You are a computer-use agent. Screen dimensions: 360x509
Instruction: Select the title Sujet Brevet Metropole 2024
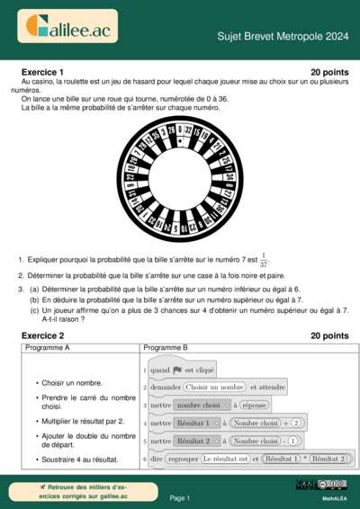click(283, 36)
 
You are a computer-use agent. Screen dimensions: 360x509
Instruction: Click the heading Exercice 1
click(41, 71)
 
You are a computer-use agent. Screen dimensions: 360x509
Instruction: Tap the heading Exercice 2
click(41, 335)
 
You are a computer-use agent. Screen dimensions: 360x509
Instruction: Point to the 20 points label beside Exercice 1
click(328, 71)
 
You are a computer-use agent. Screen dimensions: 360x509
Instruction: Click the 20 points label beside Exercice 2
click(328, 335)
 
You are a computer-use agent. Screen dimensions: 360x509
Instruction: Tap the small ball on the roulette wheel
click(180, 140)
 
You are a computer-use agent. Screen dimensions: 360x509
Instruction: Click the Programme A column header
click(48, 347)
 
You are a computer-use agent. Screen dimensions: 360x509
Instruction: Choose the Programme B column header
click(165, 347)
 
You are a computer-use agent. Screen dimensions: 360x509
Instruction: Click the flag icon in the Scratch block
click(177, 370)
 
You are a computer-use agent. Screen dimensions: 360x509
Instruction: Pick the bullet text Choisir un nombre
click(72, 383)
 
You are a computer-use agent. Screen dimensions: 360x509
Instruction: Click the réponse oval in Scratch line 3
click(255, 406)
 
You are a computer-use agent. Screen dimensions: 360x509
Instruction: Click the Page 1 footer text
click(180, 497)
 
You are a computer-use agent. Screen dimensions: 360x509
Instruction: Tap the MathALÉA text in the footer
click(336, 497)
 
